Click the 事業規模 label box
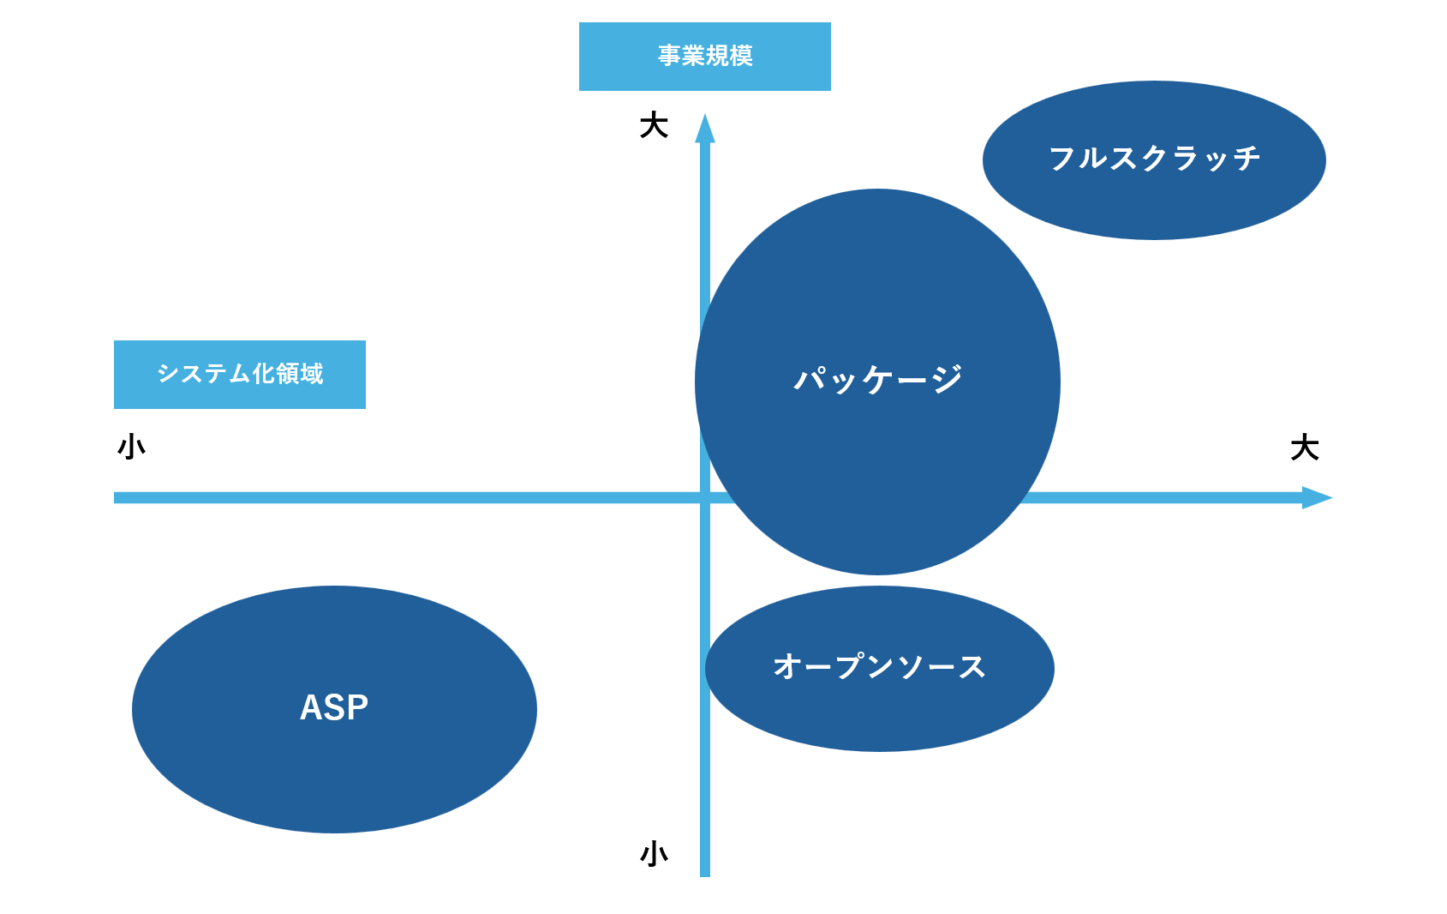coord(704,57)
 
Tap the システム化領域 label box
coord(239,375)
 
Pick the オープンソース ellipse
coord(879,712)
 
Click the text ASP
coord(334,708)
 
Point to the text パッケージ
coord(878,379)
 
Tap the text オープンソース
coord(879,666)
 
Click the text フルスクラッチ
coord(1154,159)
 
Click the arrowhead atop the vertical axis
coord(705,129)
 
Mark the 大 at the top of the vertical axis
coord(654,126)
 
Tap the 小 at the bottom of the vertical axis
coord(654,854)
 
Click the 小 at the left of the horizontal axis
coord(132,448)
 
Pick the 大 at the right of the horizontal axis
coord(1304,448)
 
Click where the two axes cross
coord(705,498)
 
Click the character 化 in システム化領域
coord(263,374)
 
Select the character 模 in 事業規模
coord(741,56)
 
